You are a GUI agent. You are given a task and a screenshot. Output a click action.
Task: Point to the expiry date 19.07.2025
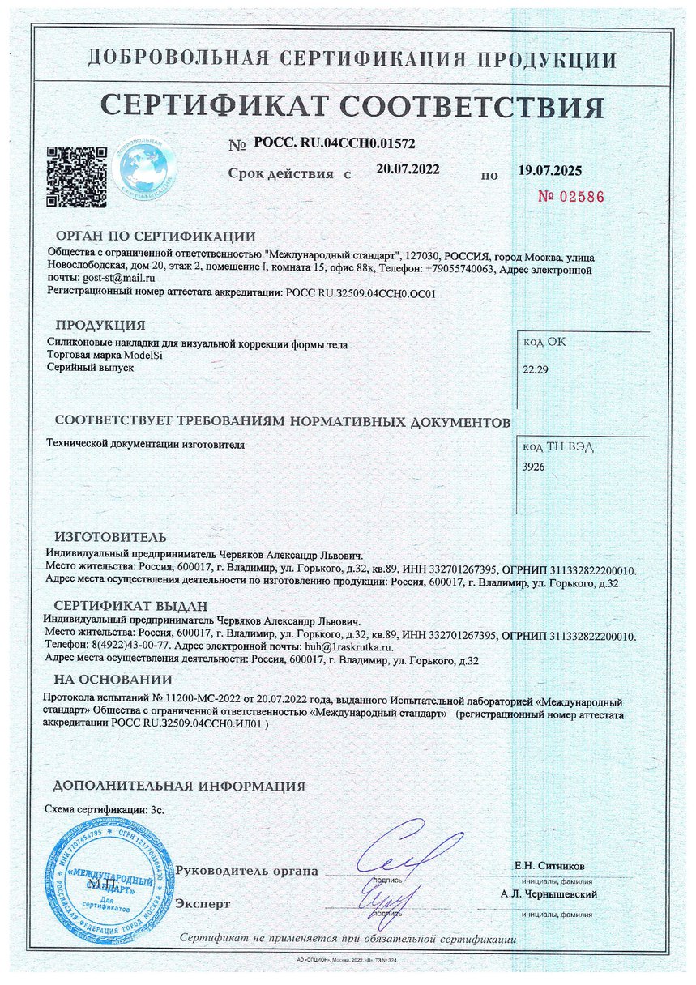click(x=549, y=171)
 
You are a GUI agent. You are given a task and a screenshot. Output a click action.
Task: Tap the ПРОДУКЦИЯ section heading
click(x=100, y=326)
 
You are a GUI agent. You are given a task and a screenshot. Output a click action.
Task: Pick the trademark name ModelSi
click(x=146, y=356)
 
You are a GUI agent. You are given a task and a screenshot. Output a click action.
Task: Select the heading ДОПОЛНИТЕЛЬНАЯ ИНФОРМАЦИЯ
click(x=179, y=786)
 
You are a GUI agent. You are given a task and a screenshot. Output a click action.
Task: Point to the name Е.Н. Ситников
click(x=549, y=865)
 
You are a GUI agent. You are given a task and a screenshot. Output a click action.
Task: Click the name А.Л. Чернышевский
click(x=549, y=894)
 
